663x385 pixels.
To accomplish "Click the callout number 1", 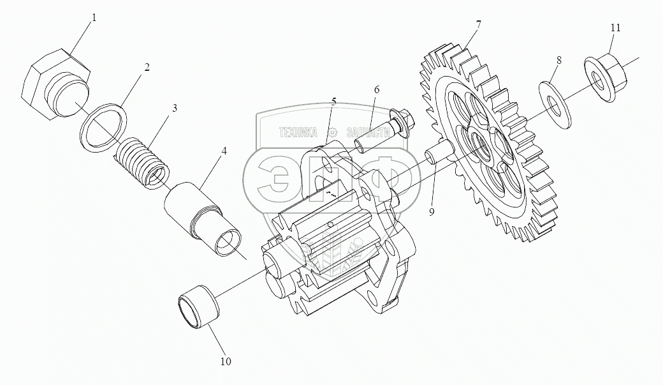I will [x=94, y=18].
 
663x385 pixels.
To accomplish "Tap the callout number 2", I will [x=147, y=67].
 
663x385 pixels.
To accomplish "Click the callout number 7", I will [x=478, y=25].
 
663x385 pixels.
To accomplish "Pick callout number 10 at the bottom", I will [x=226, y=362].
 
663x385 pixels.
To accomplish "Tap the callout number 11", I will [x=615, y=28].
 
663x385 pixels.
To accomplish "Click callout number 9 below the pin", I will [x=432, y=211].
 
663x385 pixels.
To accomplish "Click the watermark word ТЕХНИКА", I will [x=298, y=132].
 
